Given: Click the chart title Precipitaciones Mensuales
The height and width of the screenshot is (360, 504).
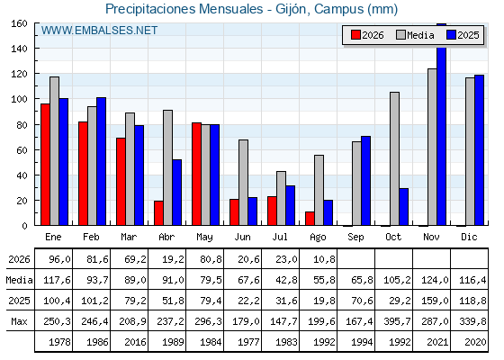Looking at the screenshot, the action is click(x=184, y=9).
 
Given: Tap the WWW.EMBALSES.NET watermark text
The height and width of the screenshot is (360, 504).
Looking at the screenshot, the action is click(x=99, y=31).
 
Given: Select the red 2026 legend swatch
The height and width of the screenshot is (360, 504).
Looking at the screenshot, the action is click(x=355, y=35).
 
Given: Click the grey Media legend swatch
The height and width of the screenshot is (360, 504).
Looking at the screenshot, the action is click(x=400, y=35).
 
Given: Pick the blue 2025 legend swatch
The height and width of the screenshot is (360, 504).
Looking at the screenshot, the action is click(x=451, y=35).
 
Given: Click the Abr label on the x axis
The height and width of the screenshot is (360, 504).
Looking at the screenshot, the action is click(x=166, y=237).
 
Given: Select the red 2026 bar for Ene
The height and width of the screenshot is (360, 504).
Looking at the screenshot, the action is click(x=45, y=165).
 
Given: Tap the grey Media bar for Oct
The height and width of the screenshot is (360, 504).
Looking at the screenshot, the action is click(x=394, y=158).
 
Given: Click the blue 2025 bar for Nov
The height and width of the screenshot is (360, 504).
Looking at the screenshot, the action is click(x=441, y=124).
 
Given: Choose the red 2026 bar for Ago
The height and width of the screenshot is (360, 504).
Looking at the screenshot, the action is click(x=310, y=219).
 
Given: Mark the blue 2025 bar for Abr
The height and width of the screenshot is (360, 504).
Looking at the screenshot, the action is click(x=176, y=193).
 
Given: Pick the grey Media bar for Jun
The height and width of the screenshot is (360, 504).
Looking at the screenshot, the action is click(x=243, y=183).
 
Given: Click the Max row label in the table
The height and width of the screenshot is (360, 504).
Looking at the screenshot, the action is click(x=19, y=321).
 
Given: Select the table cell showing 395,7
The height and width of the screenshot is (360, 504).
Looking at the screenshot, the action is click(x=397, y=321).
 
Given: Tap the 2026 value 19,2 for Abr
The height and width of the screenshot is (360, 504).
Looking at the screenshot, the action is click(x=173, y=259).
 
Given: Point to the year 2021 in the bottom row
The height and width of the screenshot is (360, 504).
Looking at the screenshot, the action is click(x=437, y=342).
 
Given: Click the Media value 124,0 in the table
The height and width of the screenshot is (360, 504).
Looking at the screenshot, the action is click(x=435, y=280).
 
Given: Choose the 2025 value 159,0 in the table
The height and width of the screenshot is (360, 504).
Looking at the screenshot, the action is click(x=435, y=301).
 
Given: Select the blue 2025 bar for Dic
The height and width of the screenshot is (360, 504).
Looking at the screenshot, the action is click(x=479, y=150).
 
